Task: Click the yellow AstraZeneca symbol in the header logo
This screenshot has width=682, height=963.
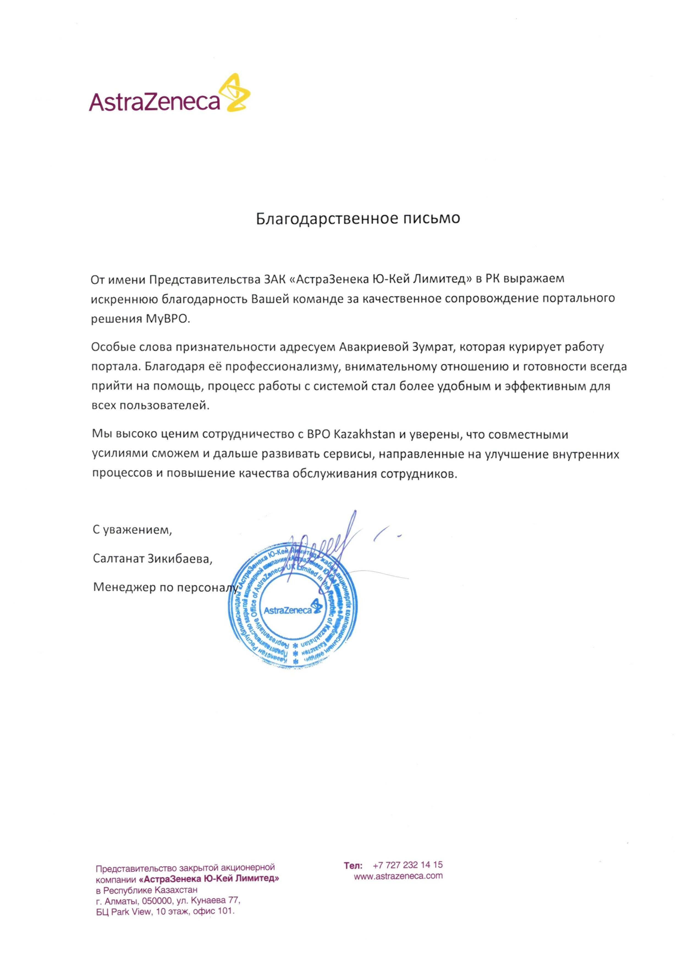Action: [x=237, y=93]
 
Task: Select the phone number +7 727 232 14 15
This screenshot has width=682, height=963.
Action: [x=407, y=864]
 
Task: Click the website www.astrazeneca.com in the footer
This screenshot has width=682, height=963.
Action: [x=398, y=876]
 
